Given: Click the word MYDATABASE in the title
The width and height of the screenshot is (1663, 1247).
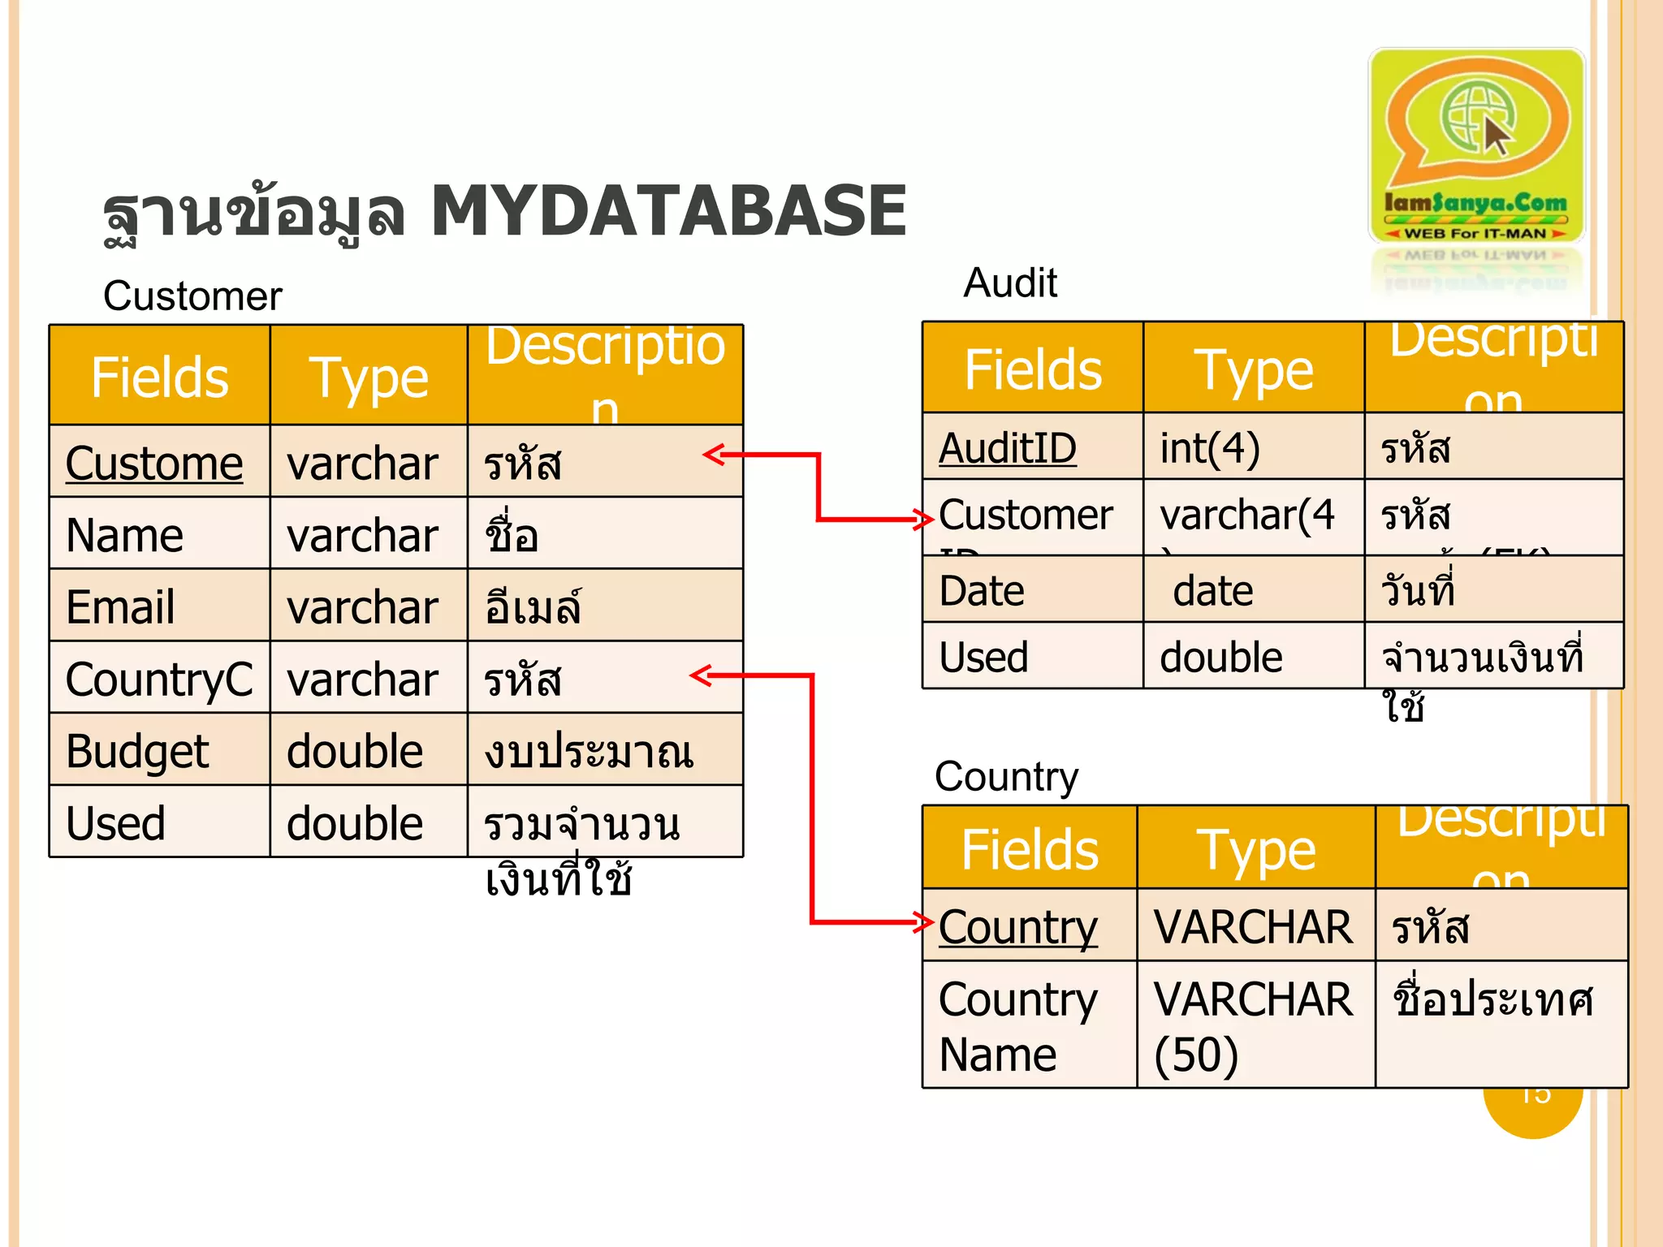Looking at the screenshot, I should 667,211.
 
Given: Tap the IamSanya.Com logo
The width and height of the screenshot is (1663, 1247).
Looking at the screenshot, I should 1475,146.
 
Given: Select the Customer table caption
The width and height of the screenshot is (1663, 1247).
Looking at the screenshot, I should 192,296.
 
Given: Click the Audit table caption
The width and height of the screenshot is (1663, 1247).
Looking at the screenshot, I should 1010,283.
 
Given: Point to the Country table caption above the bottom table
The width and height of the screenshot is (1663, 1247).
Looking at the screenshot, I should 1006,777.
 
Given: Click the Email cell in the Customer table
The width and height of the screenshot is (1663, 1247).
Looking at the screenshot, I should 159,606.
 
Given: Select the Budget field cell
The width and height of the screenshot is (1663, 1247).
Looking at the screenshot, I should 159,750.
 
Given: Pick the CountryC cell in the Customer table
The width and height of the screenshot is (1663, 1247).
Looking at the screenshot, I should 159,679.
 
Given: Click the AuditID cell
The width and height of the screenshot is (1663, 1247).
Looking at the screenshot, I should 1032,447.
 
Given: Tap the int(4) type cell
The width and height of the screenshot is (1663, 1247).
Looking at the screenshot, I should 1253,447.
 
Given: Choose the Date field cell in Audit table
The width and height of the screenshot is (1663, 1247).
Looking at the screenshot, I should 1032,590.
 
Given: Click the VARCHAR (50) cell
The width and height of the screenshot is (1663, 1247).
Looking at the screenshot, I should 1255,1025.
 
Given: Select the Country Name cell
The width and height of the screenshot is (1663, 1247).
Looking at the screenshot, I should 1028,1025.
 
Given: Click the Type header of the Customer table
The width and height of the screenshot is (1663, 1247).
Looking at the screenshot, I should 369,378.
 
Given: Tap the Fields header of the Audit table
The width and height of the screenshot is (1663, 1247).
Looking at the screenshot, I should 1032,369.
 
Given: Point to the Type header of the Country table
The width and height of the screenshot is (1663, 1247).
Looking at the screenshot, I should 1255,850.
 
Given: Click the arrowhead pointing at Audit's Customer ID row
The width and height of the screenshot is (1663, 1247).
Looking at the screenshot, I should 923,519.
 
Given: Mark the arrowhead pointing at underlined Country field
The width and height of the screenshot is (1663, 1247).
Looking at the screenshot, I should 923,922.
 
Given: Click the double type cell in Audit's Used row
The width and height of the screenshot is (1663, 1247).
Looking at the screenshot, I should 1253,657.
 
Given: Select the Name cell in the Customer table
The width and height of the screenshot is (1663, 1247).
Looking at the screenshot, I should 159,534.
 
